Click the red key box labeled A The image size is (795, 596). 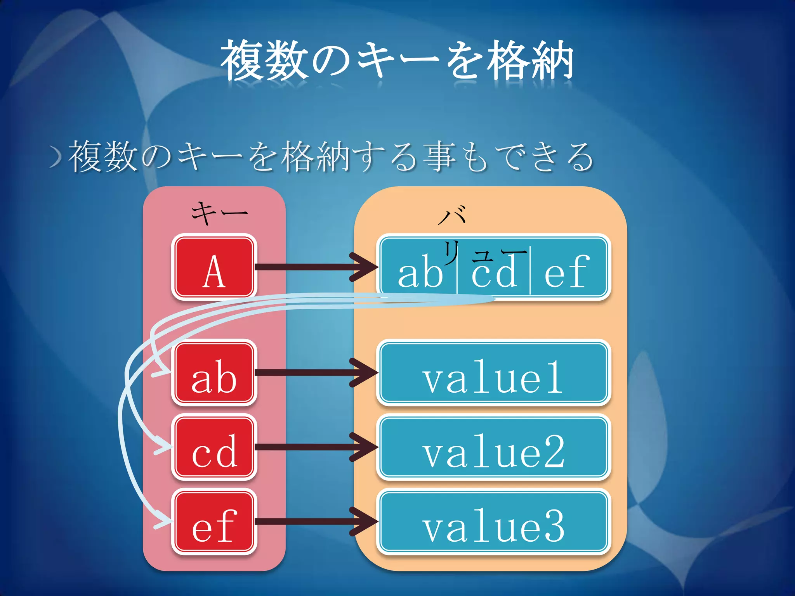(214, 267)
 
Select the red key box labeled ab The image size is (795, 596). (214, 372)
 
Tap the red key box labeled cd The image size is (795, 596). (214, 447)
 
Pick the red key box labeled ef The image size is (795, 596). (214, 521)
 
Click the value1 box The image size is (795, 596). (493, 372)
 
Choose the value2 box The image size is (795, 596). (493, 447)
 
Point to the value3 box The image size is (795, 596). (493, 521)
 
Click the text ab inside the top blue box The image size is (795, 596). (420, 272)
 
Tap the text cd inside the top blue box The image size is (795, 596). (494, 272)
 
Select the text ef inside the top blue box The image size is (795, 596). (567, 272)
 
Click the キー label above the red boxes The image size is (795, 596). (219, 213)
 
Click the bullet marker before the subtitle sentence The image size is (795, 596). (56, 157)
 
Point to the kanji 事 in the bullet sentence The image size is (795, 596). (439, 157)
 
